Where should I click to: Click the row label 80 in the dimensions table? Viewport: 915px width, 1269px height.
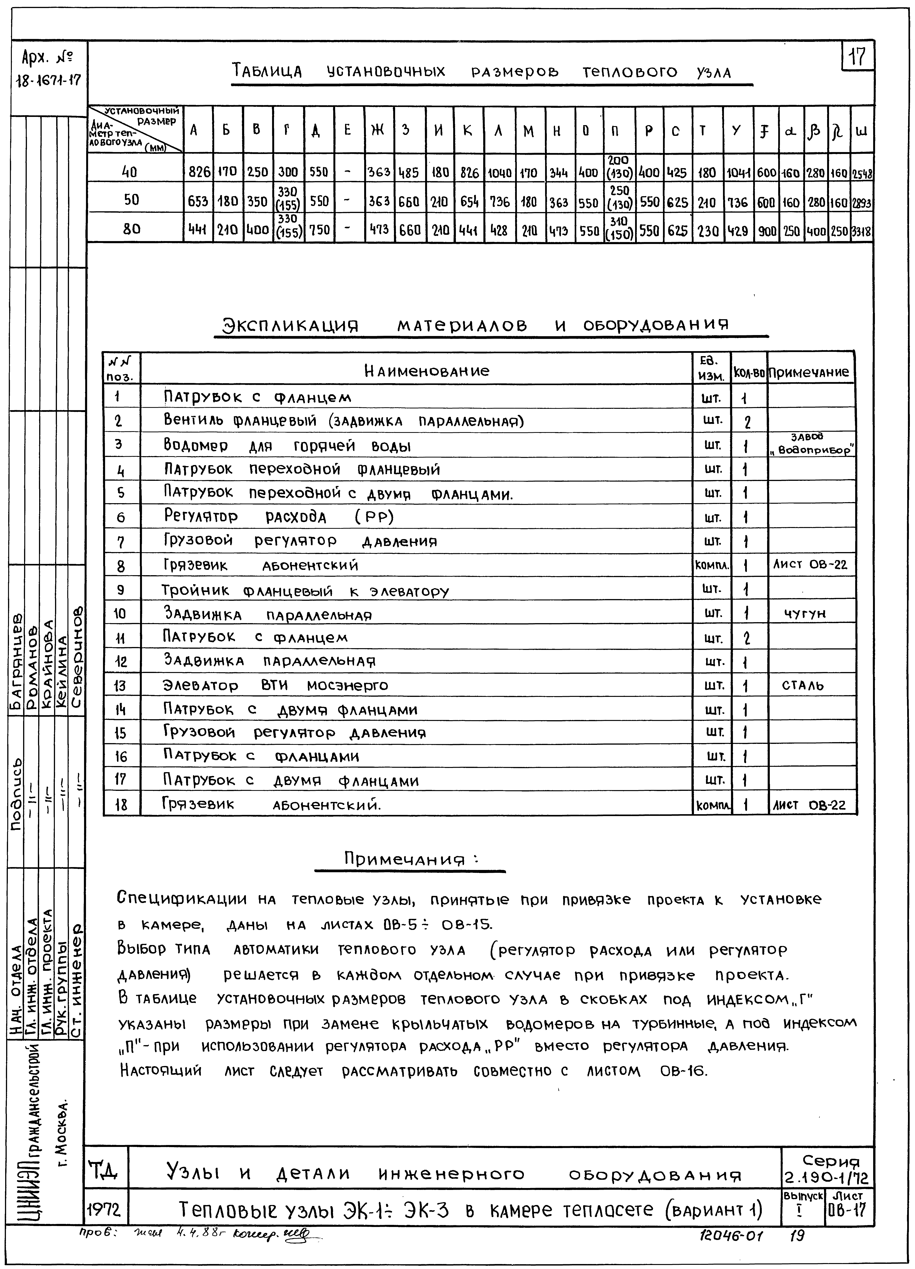(132, 229)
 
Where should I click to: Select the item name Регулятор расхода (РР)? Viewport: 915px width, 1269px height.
(279, 516)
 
